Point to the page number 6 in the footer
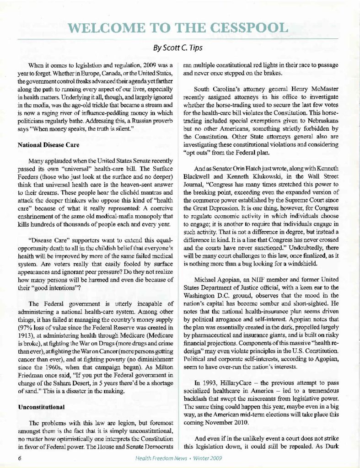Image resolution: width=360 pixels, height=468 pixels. click(x=21, y=457)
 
